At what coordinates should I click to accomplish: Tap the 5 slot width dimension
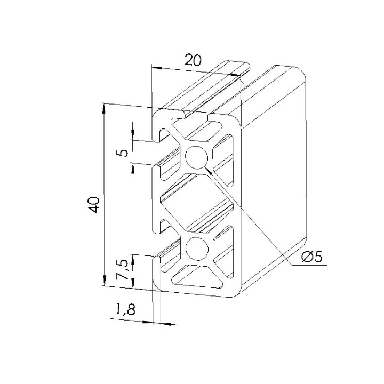(124, 152)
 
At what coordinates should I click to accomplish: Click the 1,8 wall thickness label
(125, 309)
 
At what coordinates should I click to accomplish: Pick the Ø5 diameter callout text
(311, 257)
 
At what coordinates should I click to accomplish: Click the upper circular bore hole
(197, 157)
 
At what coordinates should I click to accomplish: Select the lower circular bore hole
(197, 249)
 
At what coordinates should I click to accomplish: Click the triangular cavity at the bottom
(197, 277)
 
